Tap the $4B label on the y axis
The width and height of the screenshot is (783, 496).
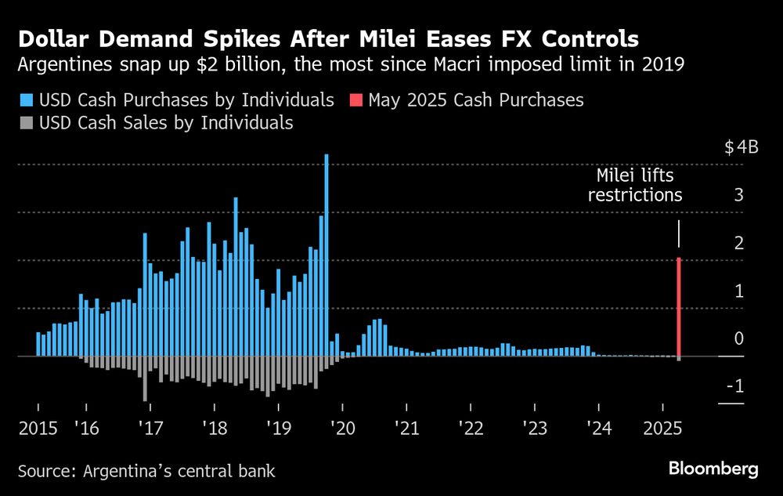742,147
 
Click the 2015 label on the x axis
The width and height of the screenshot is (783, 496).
38,428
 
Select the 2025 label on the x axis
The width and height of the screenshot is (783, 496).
662,428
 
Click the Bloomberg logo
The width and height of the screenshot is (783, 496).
713,469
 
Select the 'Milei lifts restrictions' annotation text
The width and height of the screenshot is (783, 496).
635,185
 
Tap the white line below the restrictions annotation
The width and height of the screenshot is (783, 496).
679,234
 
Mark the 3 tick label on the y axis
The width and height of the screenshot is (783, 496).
737,195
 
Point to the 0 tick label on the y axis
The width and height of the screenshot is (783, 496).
737,339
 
